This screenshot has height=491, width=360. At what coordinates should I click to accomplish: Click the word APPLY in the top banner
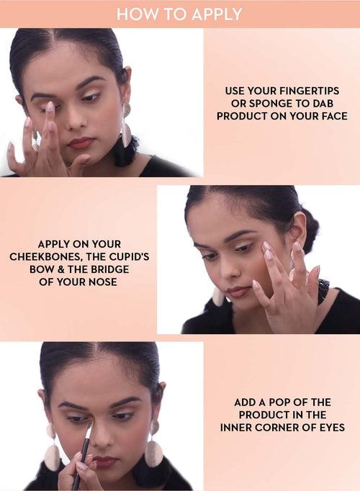click(217, 14)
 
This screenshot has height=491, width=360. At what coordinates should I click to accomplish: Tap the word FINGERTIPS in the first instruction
click(309, 91)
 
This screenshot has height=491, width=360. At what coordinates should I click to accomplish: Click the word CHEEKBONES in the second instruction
click(46, 257)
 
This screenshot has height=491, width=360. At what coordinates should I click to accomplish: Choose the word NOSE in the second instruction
click(103, 281)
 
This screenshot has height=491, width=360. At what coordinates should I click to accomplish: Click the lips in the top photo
click(81, 143)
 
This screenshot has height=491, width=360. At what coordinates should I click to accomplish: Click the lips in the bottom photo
click(105, 461)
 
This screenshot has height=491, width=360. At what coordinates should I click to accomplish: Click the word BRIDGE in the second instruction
click(109, 269)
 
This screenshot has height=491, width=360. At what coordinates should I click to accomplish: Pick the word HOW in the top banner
click(130, 14)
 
